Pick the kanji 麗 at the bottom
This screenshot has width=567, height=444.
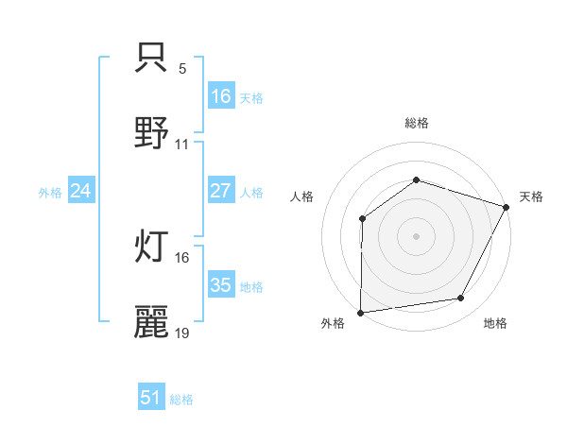151,321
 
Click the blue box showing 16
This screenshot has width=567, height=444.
221,96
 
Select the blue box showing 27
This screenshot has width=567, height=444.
221,191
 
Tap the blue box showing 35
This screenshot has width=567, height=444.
221,285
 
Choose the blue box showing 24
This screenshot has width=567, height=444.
81,191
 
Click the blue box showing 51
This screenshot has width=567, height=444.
151,398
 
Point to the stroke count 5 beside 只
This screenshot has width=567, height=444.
182,70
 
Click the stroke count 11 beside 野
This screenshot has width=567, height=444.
182,145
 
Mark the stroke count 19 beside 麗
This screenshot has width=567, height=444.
182,333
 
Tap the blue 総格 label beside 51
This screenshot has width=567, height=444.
181,400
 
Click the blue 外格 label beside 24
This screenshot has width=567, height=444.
50,193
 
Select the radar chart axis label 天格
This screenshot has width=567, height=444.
531,196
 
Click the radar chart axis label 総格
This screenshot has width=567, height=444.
417,123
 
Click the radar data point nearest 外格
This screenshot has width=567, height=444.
361,312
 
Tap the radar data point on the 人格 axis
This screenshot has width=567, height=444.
362,219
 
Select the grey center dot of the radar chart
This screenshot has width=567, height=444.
416,235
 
